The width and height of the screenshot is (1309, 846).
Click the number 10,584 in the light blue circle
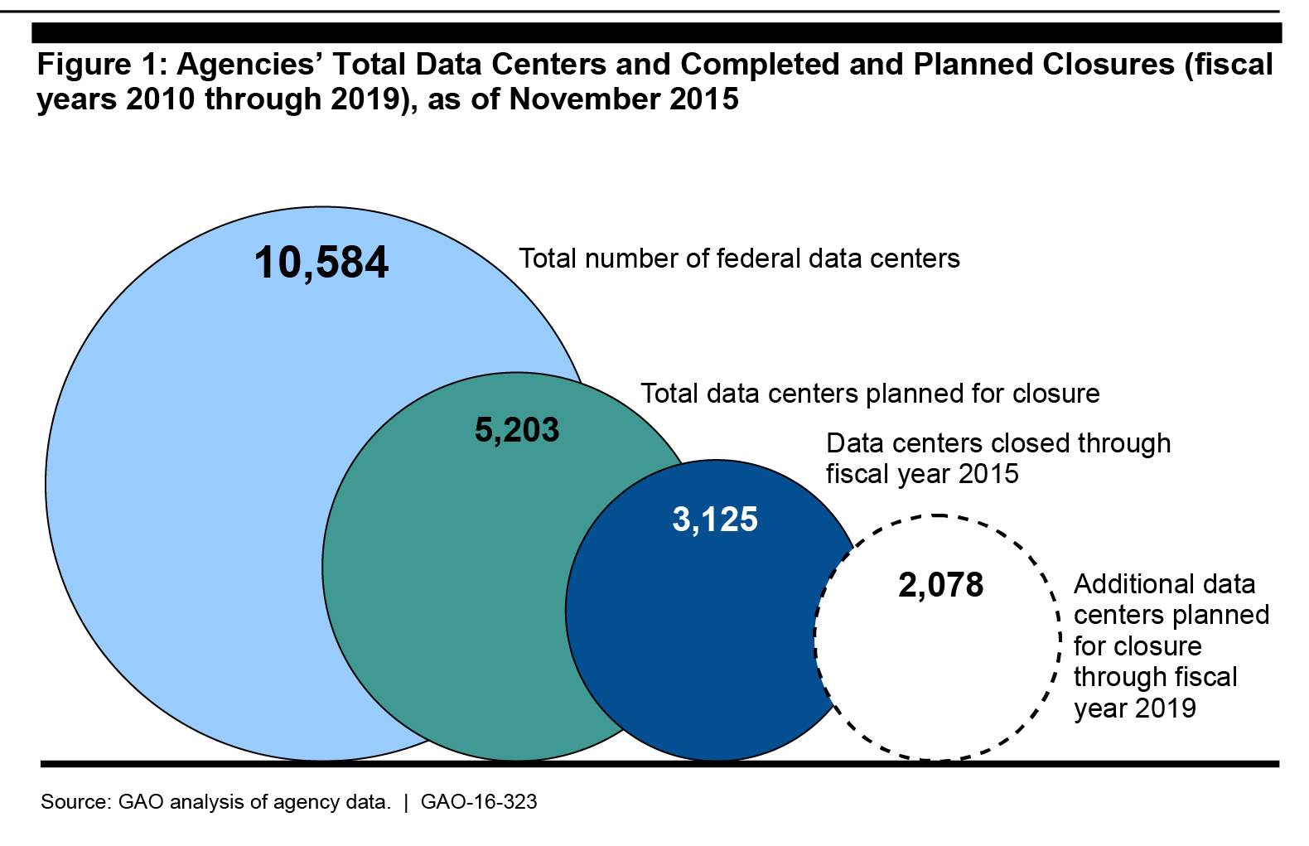[x=321, y=263]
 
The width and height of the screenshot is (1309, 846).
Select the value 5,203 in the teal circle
[x=517, y=430]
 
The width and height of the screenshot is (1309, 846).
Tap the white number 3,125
[x=715, y=520]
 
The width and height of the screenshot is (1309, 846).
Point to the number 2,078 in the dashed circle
[x=940, y=585]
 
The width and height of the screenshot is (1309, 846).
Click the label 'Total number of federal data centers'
[x=739, y=259]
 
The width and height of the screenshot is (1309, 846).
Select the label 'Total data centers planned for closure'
[x=870, y=394]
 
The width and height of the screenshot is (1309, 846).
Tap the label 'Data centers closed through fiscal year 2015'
[x=997, y=458]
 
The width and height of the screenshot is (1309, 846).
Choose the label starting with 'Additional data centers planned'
[x=1171, y=645]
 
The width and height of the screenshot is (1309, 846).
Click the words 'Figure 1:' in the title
[x=99, y=65]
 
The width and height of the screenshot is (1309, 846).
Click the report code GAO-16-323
[x=479, y=802]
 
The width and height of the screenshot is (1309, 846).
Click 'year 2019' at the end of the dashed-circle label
[x=1135, y=708]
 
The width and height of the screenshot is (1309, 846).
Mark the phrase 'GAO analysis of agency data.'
[x=254, y=802]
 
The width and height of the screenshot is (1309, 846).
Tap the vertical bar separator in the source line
[x=406, y=802]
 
